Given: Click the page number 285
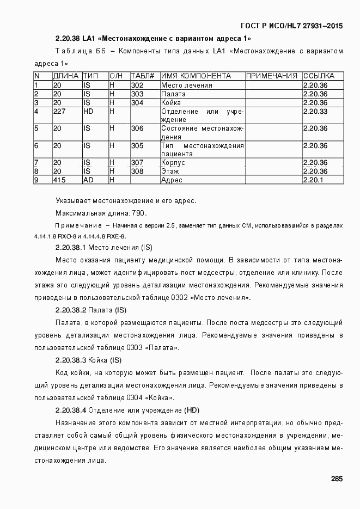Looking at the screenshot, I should pos(337,479).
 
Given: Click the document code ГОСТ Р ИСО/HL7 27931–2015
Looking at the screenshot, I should pos(291,26).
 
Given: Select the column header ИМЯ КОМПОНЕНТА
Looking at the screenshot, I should pos(196,76).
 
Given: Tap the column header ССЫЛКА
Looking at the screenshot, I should pos(319,76).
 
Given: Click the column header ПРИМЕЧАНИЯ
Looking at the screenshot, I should pos(272,76).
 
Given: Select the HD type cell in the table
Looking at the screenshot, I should pos(89,111).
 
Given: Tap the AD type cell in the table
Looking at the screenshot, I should pos(88,180).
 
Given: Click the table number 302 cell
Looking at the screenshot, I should pos(137,85).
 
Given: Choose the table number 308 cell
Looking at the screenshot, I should pos(137,171).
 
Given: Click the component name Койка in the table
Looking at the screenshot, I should pos(171,102).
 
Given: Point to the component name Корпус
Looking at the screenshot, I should pos(173,162).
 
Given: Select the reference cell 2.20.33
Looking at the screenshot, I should pos(315,111).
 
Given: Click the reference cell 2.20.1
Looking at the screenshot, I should pos(313,180).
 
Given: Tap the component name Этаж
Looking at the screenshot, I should pos(170,171).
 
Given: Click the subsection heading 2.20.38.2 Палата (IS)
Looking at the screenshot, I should pos(91,310).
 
